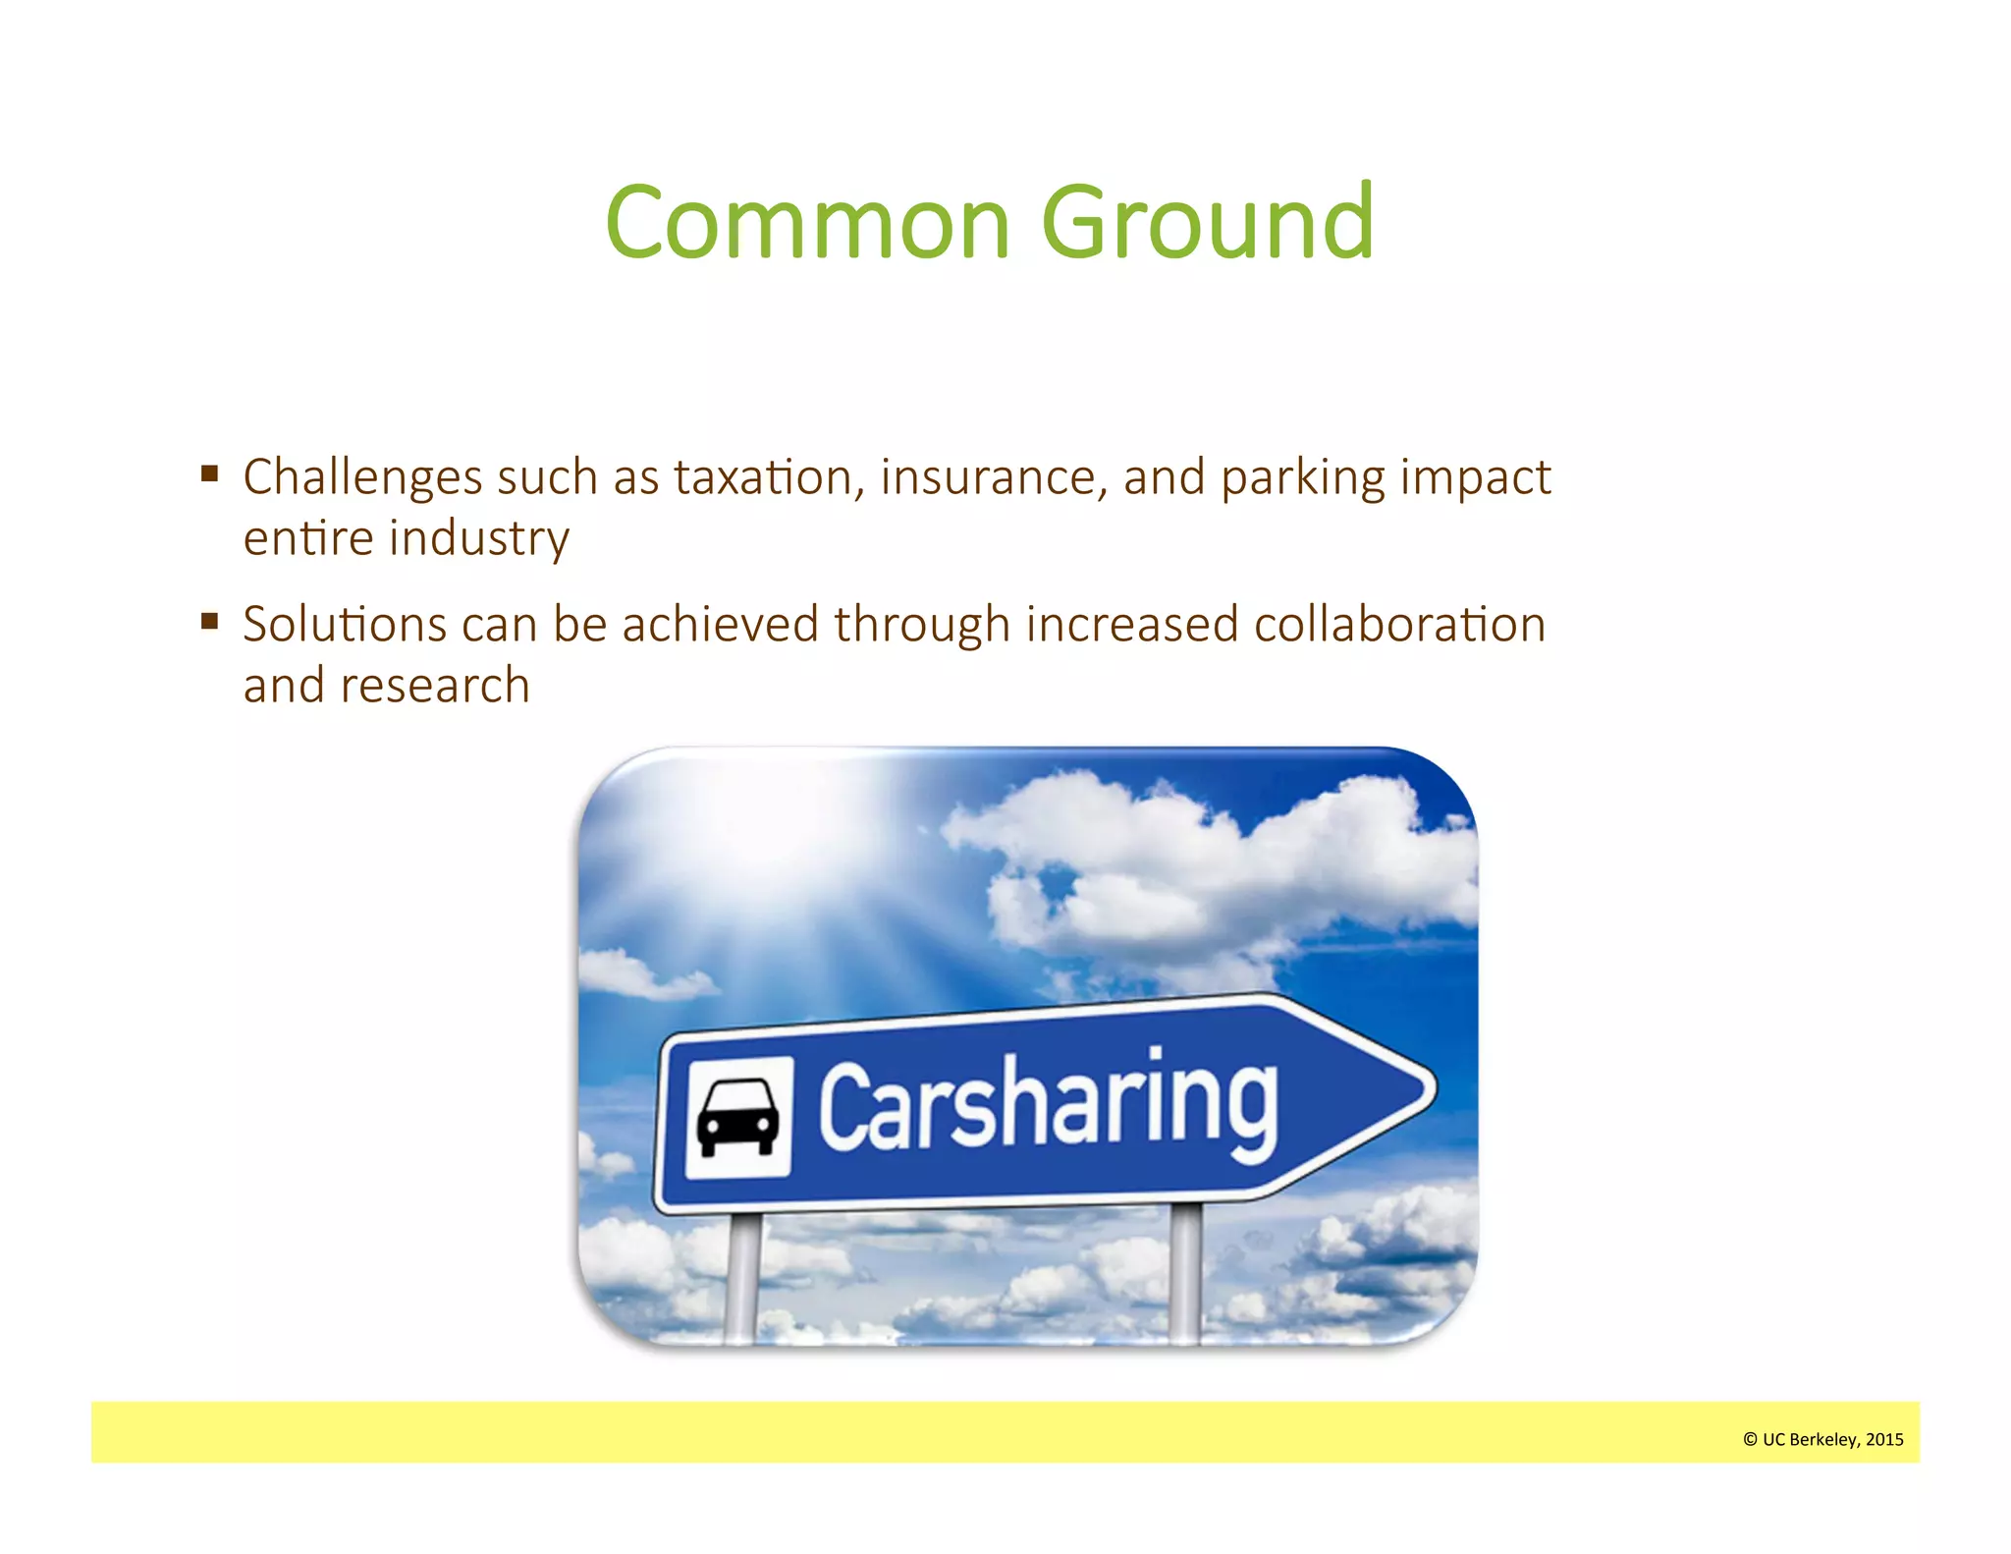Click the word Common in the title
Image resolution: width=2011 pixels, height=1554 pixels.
[807, 223]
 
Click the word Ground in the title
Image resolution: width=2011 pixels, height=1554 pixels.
[1207, 223]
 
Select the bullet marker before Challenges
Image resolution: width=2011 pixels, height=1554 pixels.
[209, 474]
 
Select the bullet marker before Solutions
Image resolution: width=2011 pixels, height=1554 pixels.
[209, 622]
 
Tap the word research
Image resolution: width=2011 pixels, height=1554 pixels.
[435, 686]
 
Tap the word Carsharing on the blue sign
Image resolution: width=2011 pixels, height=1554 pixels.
[1048, 1106]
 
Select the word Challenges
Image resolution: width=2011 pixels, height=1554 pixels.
[362, 479]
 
